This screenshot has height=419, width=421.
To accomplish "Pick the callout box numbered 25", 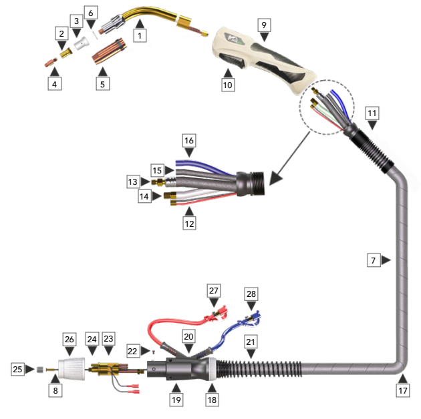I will [x=17, y=368].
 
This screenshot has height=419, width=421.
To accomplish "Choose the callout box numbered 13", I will [x=134, y=181].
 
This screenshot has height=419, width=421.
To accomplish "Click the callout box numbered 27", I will [x=214, y=291].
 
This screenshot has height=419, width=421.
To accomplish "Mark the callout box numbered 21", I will [x=251, y=342].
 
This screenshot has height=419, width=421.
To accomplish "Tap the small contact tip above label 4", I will [x=50, y=62].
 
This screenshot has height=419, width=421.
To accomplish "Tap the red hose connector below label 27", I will [x=215, y=312].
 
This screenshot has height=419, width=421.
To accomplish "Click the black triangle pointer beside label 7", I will [x=386, y=261].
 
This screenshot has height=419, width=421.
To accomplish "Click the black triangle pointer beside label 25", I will [x=30, y=368].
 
